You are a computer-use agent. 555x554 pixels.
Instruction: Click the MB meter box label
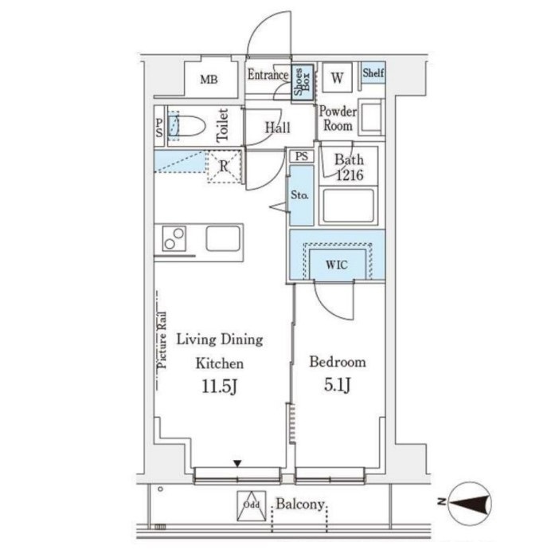[x=209, y=80]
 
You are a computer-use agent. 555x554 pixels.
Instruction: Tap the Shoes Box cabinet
[x=303, y=83]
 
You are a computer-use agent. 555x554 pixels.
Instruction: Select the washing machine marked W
[x=338, y=77]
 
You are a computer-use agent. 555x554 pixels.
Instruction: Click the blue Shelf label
[x=373, y=73]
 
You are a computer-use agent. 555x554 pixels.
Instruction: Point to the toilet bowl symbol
[x=186, y=125]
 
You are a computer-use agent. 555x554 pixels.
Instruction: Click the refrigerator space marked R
[x=224, y=166]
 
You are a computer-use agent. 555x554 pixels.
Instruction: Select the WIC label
[x=337, y=265]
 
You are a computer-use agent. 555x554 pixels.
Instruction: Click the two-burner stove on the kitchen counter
[x=174, y=238]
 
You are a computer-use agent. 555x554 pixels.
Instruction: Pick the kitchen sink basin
[x=223, y=238]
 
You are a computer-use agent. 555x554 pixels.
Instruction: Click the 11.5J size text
[x=219, y=387]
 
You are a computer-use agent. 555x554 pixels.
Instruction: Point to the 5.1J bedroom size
[x=338, y=385]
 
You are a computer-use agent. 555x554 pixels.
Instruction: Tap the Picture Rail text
[x=162, y=340]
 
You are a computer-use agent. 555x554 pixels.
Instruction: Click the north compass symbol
[x=469, y=503]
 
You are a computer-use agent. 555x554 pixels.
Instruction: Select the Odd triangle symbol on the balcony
[x=252, y=505]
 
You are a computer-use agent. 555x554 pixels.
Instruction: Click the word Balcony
[x=300, y=504]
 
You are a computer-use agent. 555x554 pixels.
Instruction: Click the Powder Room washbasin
[x=371, y=117]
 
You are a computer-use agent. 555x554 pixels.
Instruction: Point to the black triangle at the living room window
[x=237, y=463]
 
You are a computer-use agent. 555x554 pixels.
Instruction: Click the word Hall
[x=278, y=128]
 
